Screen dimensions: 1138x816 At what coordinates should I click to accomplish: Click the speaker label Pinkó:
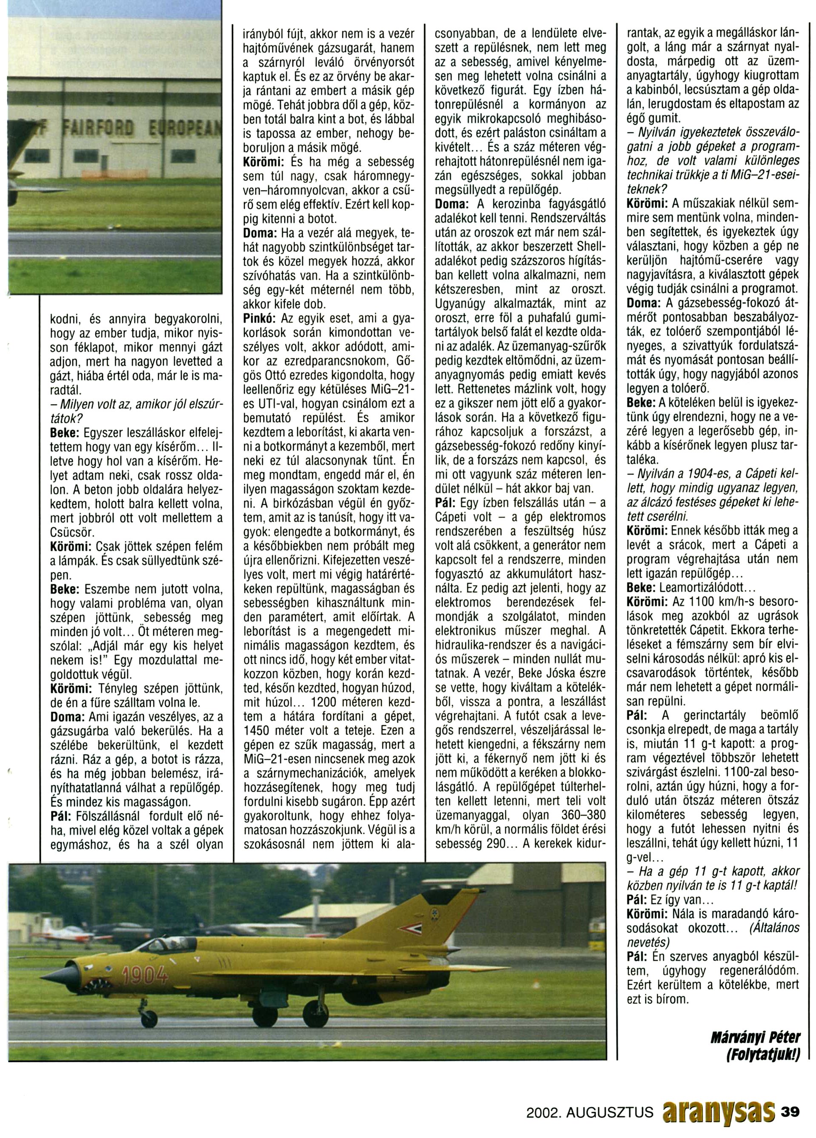pyautogui.click(x=261, y=319)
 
